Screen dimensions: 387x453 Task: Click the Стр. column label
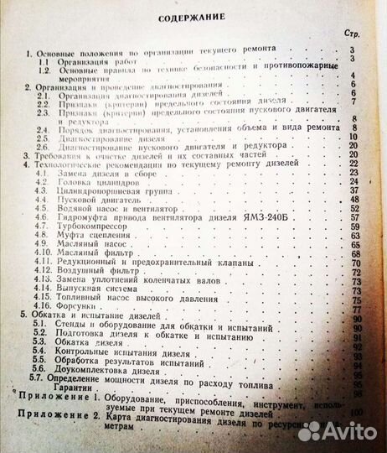pos(353,34)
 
